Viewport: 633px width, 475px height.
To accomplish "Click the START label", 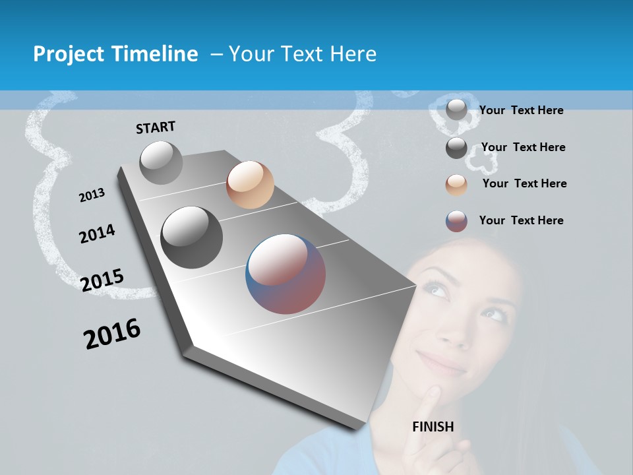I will click(x=156, y=127).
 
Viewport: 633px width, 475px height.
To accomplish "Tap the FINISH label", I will click(x=433, y=427).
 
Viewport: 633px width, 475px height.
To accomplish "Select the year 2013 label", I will click(x=92, y=195).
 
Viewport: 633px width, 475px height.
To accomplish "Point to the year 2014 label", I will click(x=97, y=234).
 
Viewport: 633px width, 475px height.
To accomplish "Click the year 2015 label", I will click(x=102, y=280).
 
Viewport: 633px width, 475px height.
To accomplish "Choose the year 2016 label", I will click(x=112, y=333).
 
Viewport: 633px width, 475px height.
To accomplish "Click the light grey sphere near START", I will click(x=161, y=162).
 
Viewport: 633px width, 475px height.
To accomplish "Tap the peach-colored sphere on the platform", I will click(x=250, y=185).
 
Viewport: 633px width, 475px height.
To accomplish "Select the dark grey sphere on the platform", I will click(x=191, y=237).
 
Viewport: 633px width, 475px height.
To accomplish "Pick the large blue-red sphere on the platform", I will click(x=286, y=274).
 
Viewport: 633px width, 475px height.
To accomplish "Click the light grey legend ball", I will click(x=456, y=110).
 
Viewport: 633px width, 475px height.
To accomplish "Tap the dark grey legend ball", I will click(x=456, y=148).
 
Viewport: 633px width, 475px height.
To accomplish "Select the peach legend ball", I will click(x=456, y=184).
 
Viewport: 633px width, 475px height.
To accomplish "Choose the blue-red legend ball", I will click(x=456, y=221).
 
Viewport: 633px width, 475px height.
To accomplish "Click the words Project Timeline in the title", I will click(x=115, y=54).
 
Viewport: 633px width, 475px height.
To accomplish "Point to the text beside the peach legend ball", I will click(x=524, y=183).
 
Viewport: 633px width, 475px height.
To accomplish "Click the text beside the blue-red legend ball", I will click(x=521, y=220).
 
